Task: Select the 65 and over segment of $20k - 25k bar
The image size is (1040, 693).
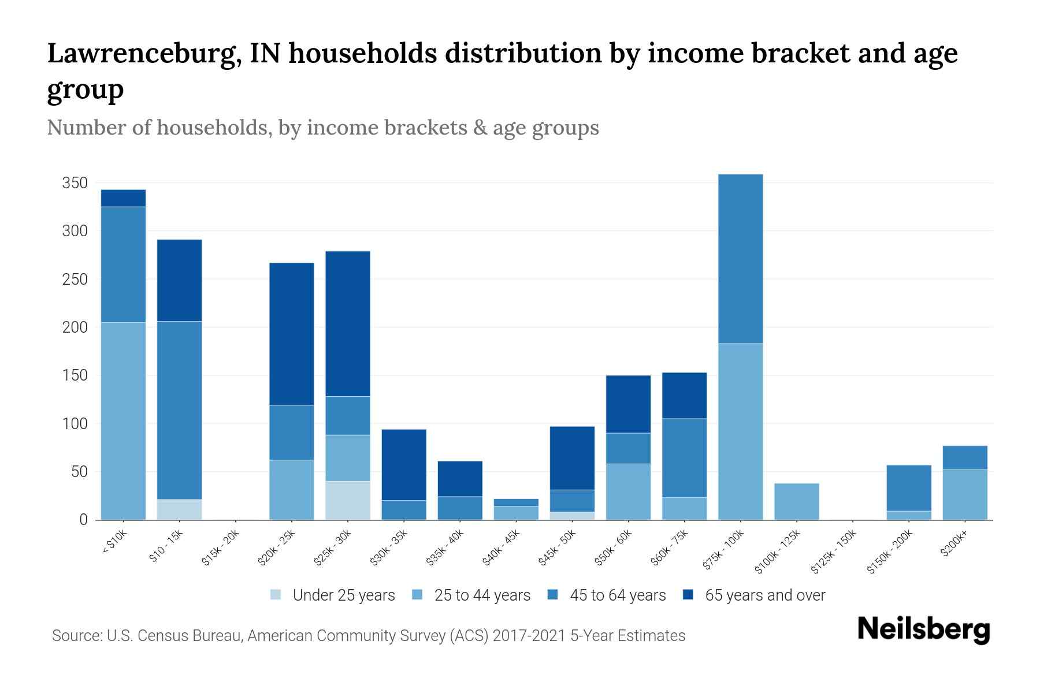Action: click(292, 334)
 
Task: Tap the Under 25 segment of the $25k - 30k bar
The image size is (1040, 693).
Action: click(348, 500)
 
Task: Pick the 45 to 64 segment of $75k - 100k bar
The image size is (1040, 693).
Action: click(740, 259)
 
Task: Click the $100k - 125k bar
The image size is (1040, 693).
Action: click(796, 501)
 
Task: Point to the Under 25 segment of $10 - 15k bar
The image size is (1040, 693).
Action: click(179, 509)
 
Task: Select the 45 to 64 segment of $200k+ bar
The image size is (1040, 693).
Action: click(964, 457)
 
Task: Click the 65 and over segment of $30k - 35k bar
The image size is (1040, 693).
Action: click(404, 464)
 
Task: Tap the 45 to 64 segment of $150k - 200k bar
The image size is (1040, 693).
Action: click(908, 488)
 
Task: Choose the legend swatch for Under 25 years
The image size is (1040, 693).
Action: click(276, 595)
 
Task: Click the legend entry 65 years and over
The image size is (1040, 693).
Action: click(764, 595)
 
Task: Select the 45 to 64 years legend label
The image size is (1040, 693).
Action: click(617, 595)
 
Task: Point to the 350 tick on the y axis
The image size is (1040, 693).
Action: click(75, 183)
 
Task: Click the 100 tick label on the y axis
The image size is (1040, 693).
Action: click(75, 424)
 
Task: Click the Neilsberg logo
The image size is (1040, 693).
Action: click(923, 629)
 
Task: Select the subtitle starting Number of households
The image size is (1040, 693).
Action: click(322, 128)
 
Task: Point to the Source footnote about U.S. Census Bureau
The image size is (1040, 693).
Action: click(368, 636)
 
